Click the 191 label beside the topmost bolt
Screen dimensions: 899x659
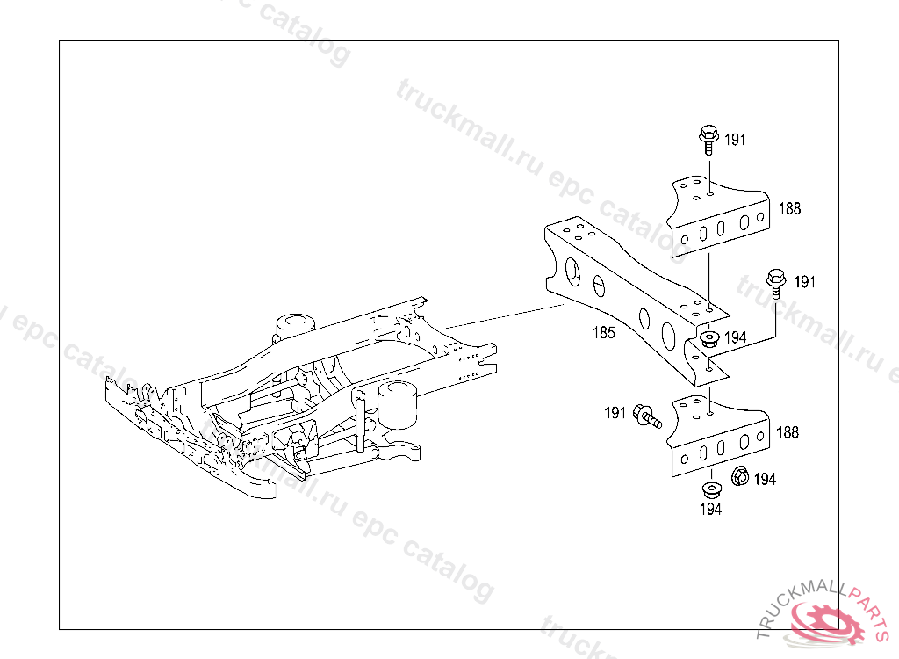[735, 140]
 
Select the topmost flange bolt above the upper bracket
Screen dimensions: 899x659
[708, 138]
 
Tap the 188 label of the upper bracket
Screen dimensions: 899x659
[788, 209]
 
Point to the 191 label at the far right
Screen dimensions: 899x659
[804, 282]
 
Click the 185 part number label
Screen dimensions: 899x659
[603, 332]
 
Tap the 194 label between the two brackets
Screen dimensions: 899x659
[735, 337]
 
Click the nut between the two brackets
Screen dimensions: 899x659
[709, 338]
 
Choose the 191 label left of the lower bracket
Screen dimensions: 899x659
[615, 412]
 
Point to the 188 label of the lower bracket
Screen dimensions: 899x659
[788, 432]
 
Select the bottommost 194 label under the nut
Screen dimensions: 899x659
[710, 509]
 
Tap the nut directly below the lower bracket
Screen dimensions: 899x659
[709, 488]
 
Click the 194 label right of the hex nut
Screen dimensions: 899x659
[765, 479]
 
